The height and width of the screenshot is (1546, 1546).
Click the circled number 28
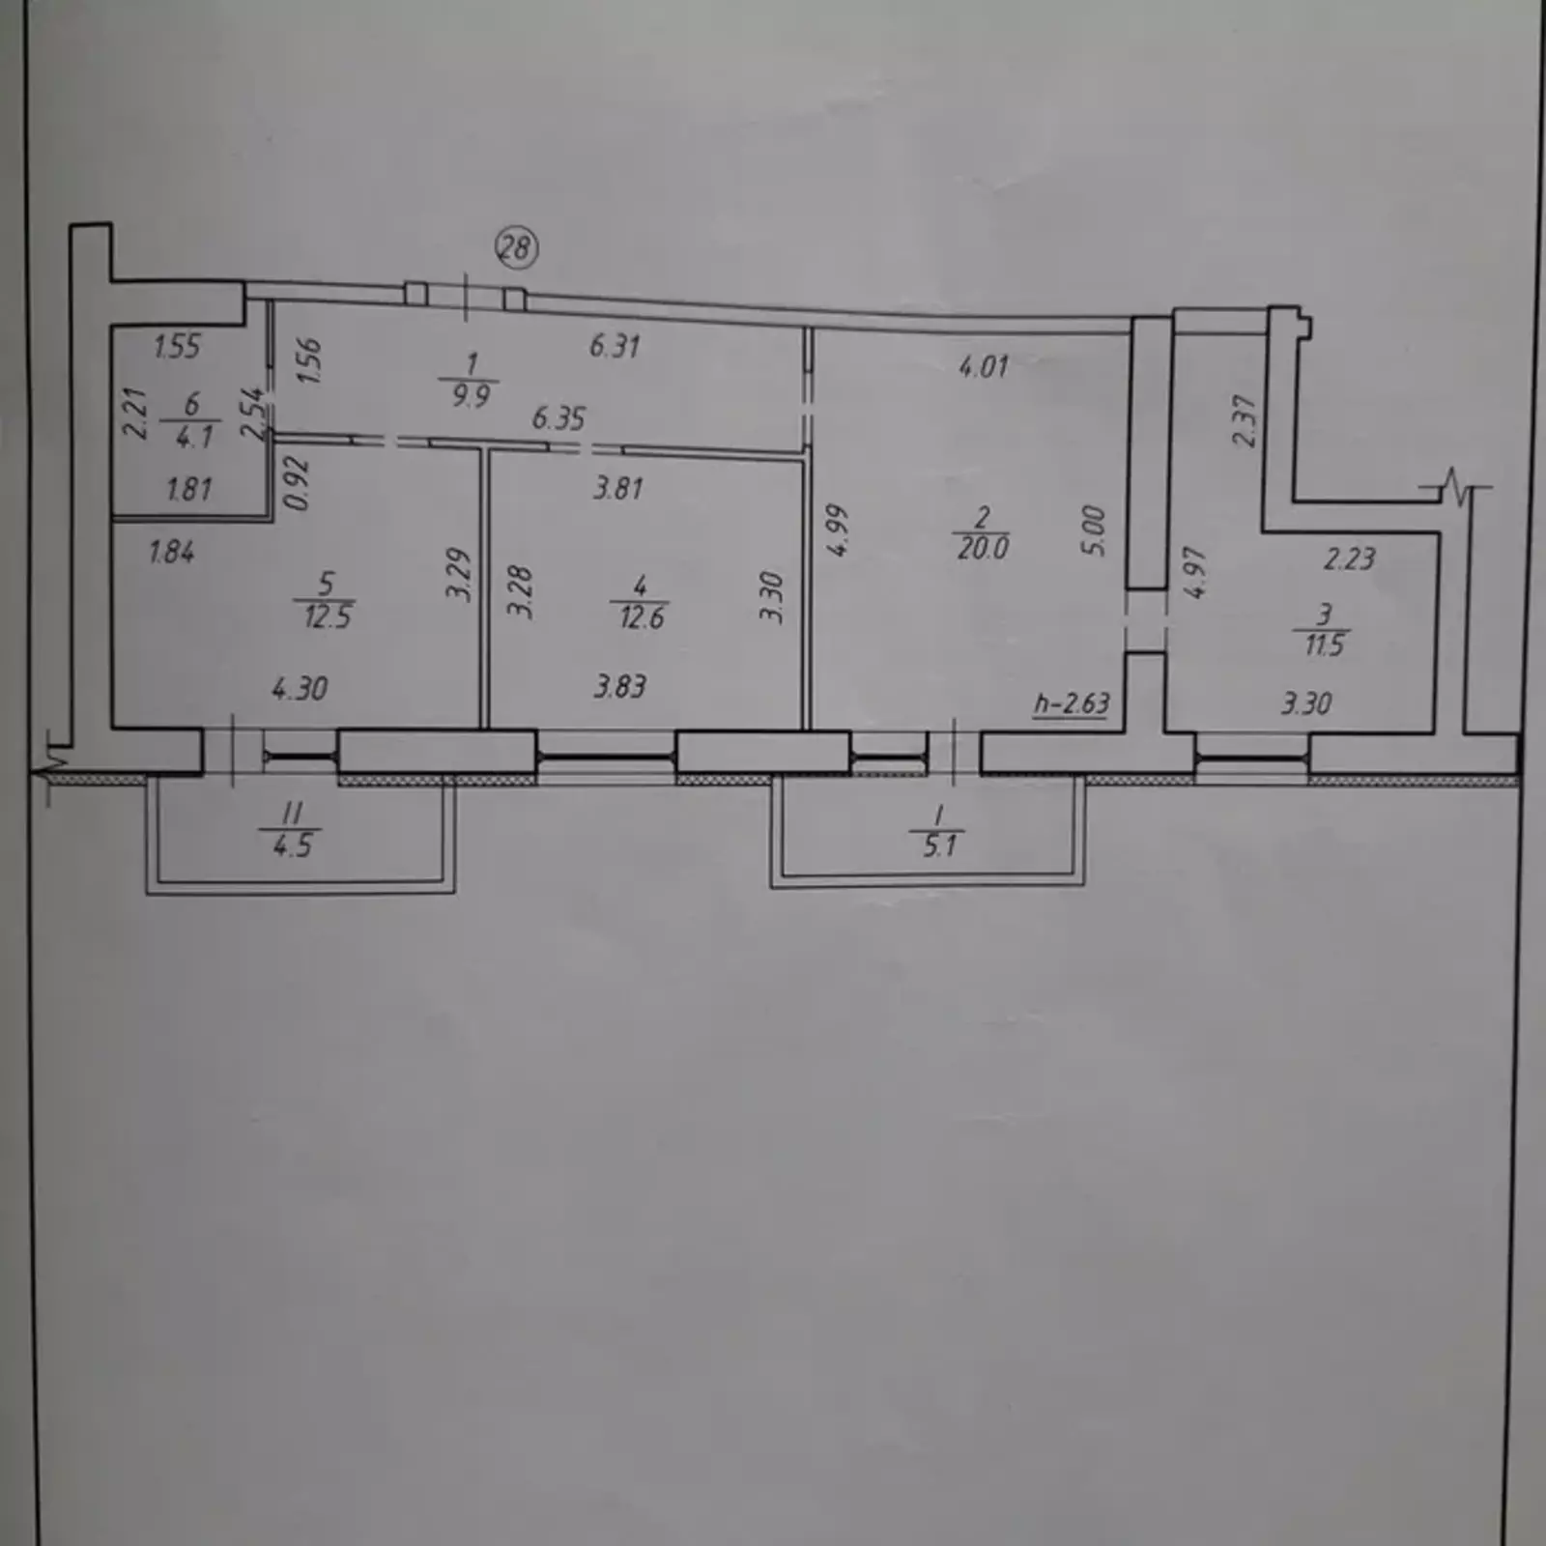[x=516, y=248]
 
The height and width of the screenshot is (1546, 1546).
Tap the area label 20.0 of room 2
[x=983, y=548]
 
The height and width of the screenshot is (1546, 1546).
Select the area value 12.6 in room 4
[x=642, y=616]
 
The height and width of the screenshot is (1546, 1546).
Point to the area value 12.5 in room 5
[x=328, y=616]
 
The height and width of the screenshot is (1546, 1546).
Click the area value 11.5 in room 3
[x=1324, y=644]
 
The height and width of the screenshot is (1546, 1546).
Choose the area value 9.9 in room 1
[x=471, y=394]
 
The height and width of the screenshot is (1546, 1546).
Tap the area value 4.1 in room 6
[x=194, y=436]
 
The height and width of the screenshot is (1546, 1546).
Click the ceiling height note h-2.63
[x=1072, y=702]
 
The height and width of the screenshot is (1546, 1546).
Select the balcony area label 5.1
[x=939, y=845]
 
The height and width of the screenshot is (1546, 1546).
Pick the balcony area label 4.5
[x=292, y=845]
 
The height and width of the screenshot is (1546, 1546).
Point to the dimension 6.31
[x=615, y=345]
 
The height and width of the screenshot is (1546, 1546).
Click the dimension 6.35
[x=558, y=418]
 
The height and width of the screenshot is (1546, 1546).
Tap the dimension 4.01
[x=983, y=366]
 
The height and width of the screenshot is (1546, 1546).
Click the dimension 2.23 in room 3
[x=1349, y=558]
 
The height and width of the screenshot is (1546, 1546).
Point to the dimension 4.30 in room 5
[x=300, y=688]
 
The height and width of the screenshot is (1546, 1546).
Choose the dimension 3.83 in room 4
[x=619, y=686]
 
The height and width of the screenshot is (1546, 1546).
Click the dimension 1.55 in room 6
[x=178, y=346]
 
